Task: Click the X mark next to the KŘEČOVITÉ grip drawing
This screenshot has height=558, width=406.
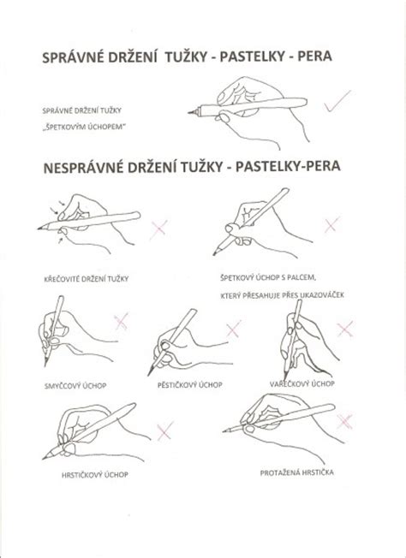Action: [x=158, y=228]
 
